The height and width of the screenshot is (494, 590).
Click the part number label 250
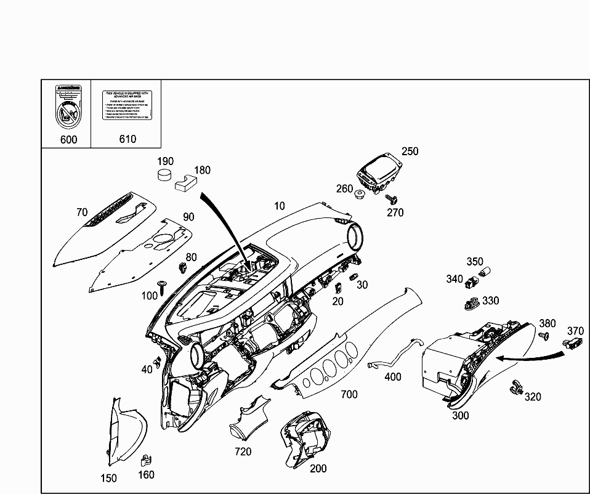click(410, 152)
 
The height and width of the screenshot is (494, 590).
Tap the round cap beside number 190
click(164, 174)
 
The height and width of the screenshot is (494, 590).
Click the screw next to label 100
click(163, 284)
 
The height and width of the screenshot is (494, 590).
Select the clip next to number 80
click(183, 267)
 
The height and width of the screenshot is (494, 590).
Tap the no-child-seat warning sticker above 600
click(67, 108)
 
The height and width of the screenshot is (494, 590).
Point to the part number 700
click(349, 394)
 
